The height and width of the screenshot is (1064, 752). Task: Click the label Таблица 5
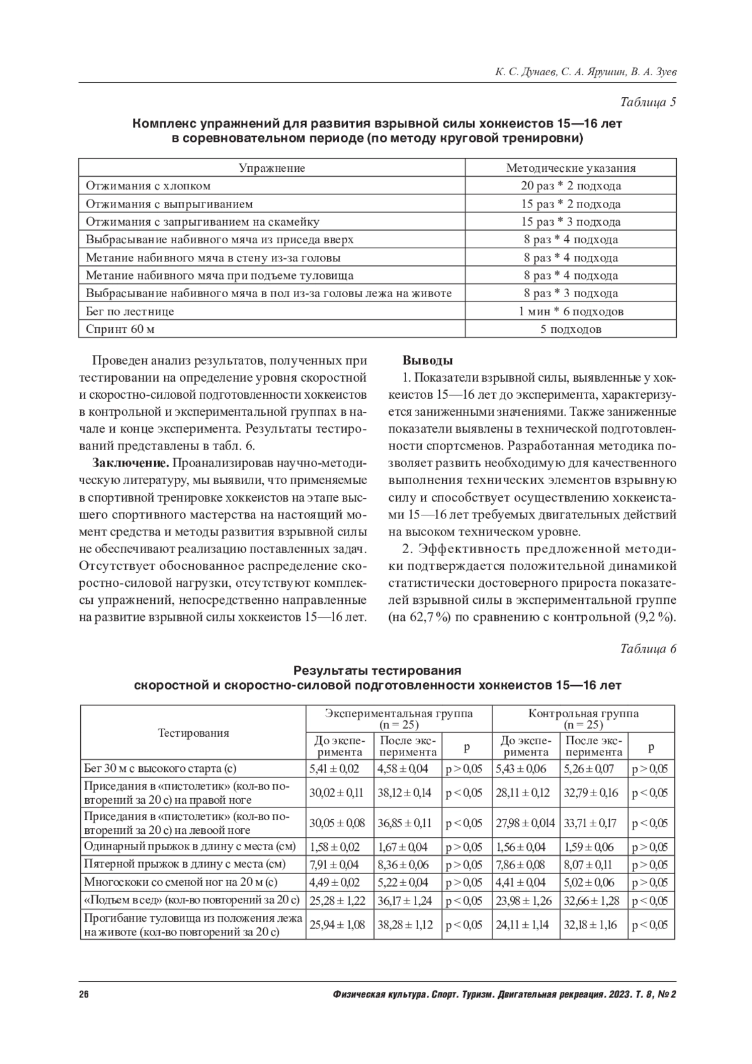click(x=648, y=102)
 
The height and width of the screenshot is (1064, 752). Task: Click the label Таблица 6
click(x=648, y=649)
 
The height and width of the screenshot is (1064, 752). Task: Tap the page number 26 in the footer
click(x=84, y=995)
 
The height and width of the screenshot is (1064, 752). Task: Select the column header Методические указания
click(x=570, y=168)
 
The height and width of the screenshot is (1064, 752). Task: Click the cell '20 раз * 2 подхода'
click(x=570, y=186)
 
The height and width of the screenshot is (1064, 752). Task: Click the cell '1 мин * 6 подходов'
click(x=570, y=312)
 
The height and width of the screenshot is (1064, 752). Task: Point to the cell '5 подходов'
click(x=570, y=329)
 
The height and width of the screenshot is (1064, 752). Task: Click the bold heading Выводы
click(x=427, y=361)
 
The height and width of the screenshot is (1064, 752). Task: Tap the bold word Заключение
click(x=130, y=463)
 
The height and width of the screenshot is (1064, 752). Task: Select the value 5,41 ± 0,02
click(x=334, y=769)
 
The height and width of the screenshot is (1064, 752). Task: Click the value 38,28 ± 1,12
click(x=405, y=925)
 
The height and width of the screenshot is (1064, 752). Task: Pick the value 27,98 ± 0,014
click(x=525, y=823)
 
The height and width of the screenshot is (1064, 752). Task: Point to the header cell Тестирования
click(x=193, y=733)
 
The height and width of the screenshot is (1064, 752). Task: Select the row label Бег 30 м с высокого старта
click(x=160, y=769)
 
